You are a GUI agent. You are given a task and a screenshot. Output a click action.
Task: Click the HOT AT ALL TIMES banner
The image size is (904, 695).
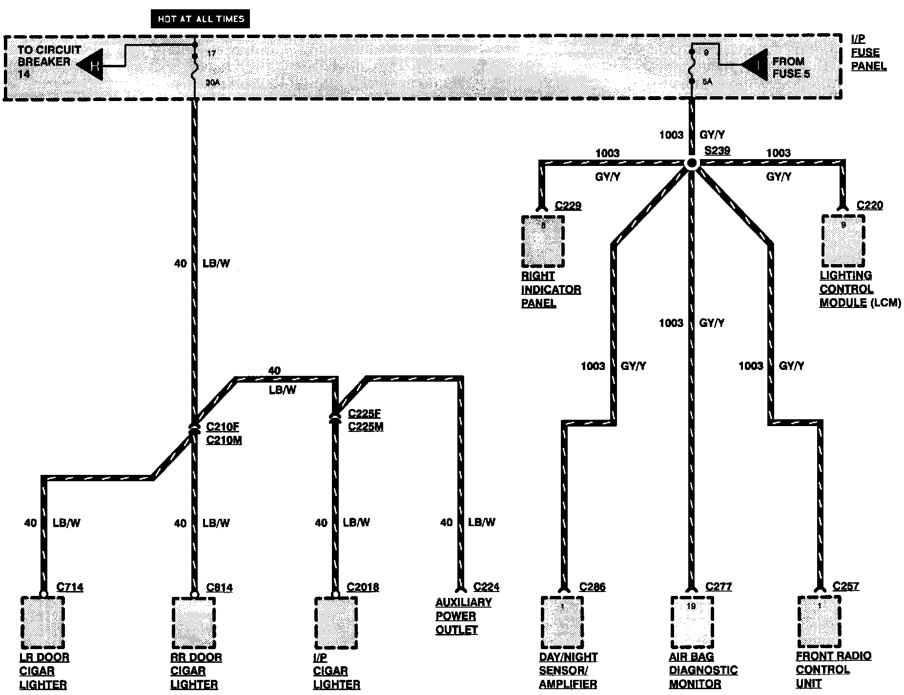tap(201, 19)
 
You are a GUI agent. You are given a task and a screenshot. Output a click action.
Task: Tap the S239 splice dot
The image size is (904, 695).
tap(691, 164)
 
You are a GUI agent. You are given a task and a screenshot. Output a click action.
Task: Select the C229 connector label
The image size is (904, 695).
tap(568, 205)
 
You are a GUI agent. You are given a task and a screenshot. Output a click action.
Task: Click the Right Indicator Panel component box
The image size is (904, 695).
tap(543, 242)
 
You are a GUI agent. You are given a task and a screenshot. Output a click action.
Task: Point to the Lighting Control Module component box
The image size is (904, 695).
tap(843, 240)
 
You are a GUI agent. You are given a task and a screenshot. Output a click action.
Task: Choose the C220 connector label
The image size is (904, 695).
tap(870, 205)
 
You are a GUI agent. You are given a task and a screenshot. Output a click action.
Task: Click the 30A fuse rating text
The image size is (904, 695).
tap(212, 83)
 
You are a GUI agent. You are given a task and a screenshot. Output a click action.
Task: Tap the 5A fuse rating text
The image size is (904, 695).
tap(707, 82)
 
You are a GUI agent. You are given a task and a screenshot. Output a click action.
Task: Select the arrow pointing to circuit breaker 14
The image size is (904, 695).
tap(91, 64)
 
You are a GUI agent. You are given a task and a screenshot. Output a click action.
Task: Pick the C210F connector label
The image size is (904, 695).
tap(223, 427)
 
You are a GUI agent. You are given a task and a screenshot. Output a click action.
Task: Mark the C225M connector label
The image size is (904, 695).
tap(366, 427)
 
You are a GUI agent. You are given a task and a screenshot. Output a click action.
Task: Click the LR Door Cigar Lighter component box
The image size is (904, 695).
tap(42, 622)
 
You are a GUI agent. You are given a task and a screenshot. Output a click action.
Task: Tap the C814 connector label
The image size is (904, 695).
tap(219, 587)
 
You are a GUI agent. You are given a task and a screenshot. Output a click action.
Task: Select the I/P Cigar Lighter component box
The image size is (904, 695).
tap(336, 622)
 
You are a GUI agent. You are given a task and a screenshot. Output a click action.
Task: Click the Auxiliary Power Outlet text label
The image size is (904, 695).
tap(463, 616)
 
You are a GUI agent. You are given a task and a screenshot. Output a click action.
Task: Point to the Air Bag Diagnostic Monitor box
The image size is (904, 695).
tap(692, 622)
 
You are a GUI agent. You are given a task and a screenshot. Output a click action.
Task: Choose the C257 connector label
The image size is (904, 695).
tap(846, 586)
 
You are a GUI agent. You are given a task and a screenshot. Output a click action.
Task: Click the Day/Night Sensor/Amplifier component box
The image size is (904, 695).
tap(562, 622)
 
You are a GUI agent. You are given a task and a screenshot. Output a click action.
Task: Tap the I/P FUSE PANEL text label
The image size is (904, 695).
tap(868, 53)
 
